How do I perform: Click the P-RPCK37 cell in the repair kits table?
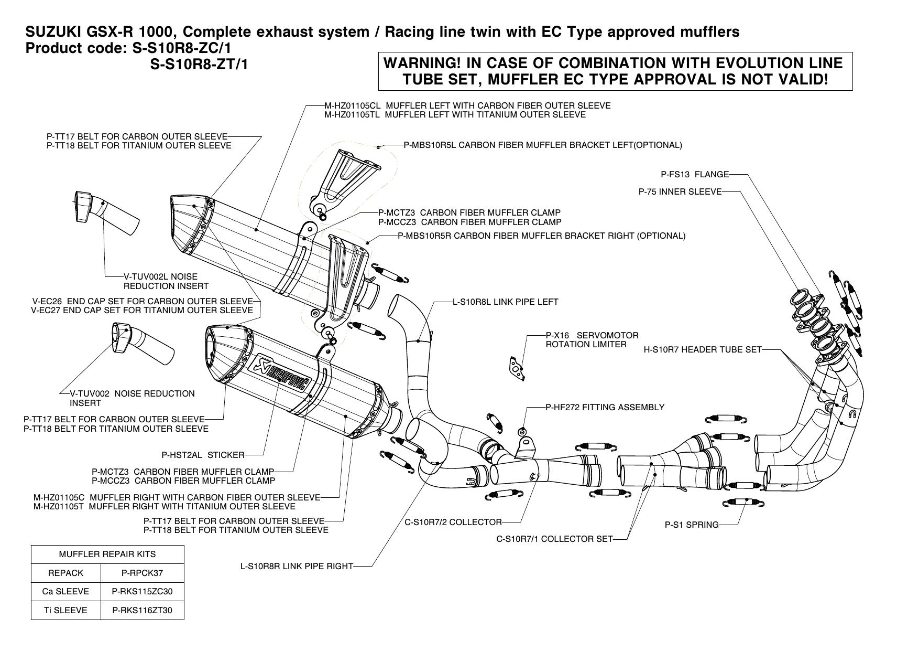(142, 573)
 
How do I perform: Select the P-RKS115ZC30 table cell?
(142, 591)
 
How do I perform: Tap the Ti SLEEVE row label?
(66, 610)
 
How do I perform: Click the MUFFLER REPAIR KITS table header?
(107, 554)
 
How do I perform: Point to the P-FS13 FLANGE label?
(695, 174)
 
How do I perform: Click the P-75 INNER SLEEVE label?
(680, 192)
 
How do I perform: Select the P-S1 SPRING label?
(692, 525)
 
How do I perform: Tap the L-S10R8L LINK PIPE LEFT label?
(506, 302)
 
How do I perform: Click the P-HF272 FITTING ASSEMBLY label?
(605, 407)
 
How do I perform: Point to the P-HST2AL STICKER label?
(203, 455)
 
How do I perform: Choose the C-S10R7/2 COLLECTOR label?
(453, 522)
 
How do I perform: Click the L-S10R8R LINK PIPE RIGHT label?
(297, 566)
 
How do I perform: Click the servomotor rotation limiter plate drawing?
(516, 367)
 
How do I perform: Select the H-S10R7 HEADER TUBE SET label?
(703, 349)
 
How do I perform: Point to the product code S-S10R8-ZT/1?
(199, 65)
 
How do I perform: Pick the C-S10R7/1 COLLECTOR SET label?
(554, 539)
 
